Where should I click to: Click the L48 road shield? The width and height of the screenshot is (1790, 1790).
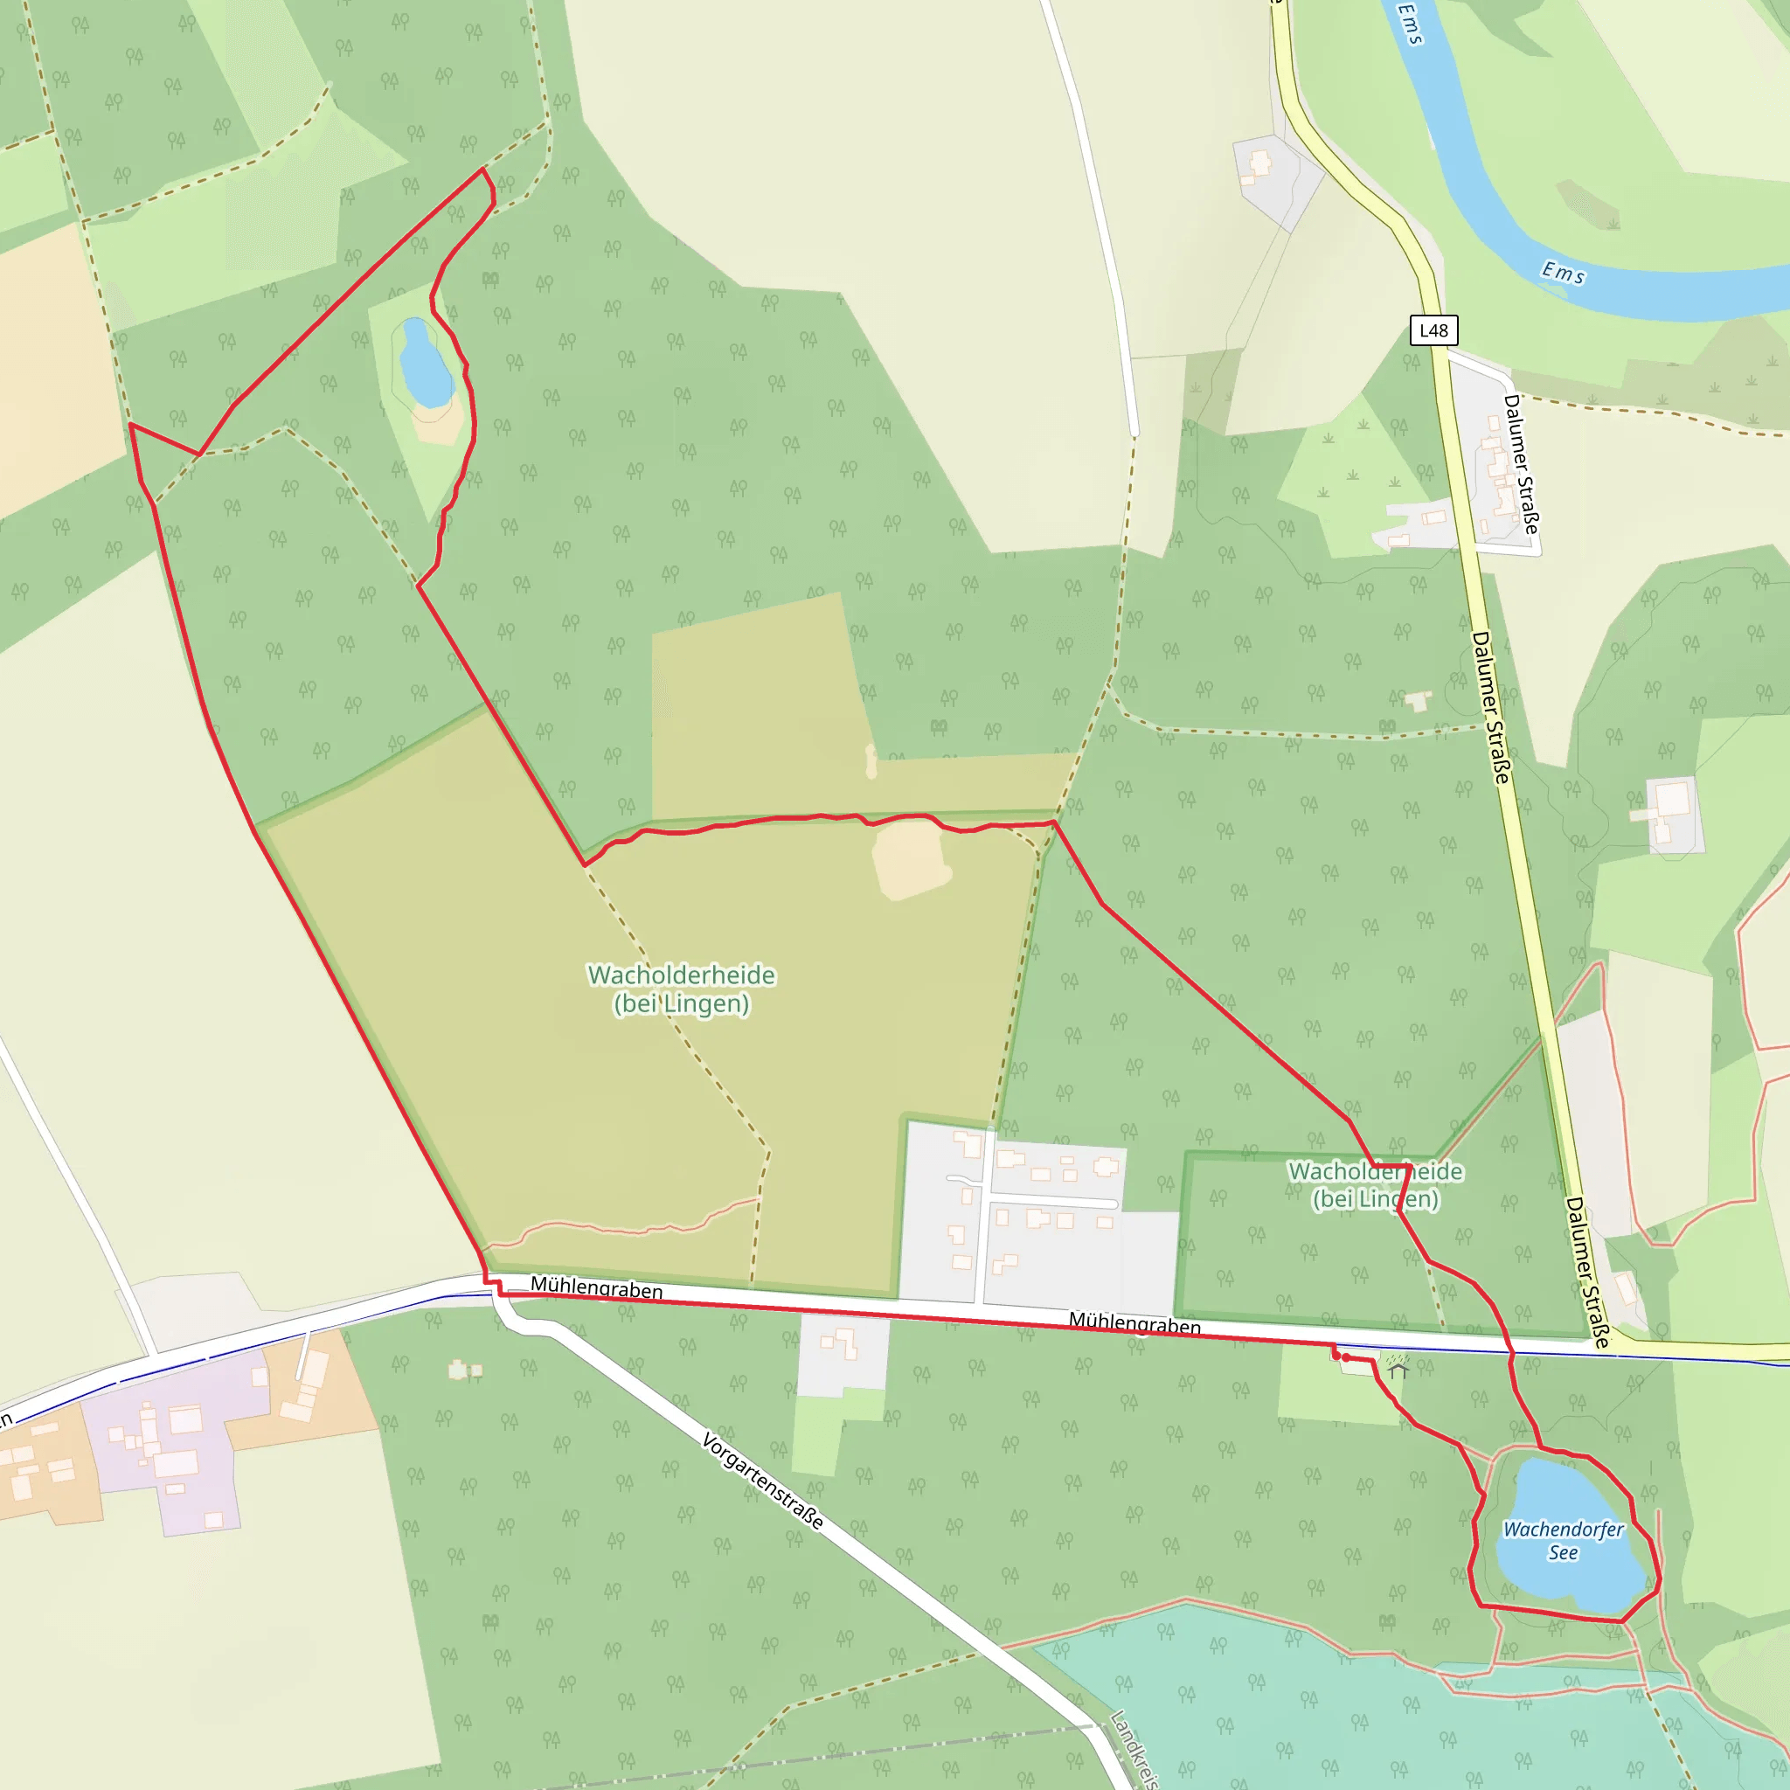click(x=1433, y=330)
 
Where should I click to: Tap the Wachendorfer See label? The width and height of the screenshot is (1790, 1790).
click(x=1562, y=1541)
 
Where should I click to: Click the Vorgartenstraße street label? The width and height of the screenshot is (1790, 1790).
click(x=761, y=1481)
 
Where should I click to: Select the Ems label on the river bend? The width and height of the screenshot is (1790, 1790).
click(x=1563, y=273)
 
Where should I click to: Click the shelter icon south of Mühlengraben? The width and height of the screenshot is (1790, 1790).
click(x=1398, y=1366)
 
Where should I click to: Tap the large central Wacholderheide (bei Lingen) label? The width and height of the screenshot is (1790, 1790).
click(x=681, y=989)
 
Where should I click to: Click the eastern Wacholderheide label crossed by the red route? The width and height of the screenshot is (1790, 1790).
click(x=1375, y=1185)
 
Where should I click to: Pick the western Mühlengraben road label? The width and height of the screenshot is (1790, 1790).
click(x=596, y=1287)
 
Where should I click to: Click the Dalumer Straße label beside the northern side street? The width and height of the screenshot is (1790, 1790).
click(x=1521, y=463)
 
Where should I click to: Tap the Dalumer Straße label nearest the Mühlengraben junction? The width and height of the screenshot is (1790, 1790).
click(x=1587, y=1271)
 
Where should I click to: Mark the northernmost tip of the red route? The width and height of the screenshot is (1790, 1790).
click(x=482, y=170)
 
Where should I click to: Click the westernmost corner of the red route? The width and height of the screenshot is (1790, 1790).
click(x=130, y=424)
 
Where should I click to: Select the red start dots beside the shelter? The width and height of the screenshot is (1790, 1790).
click(x=1341, y=1356)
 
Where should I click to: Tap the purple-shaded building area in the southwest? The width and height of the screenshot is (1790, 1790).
click(x=176, y=1446)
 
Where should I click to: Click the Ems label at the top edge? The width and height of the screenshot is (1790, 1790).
click(x=1409, y=24)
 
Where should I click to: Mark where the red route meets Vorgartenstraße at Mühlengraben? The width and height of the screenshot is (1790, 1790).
click(x=492, y=1285)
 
